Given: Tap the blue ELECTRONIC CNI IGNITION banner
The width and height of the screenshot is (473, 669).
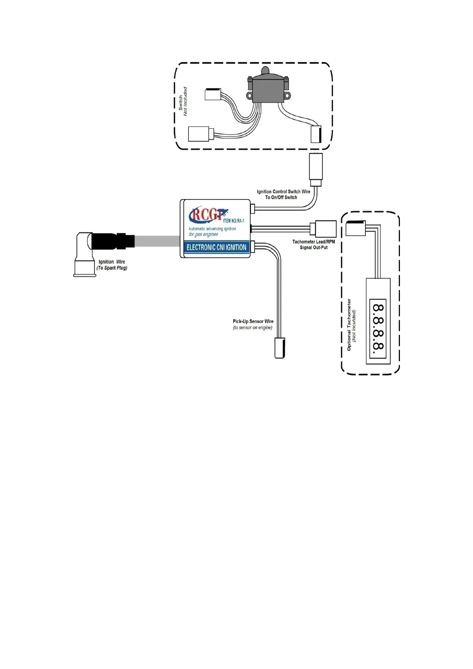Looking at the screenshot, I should (216, 247).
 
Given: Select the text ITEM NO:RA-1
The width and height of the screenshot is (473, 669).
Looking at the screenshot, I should (234, 220).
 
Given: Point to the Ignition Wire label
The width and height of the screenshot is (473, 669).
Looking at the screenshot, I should (112, 262).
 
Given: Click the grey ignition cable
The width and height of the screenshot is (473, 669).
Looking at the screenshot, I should (157, 241).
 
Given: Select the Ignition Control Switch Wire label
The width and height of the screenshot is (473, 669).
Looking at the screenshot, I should (283, 191).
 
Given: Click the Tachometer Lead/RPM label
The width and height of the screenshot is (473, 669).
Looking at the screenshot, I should (313, 242).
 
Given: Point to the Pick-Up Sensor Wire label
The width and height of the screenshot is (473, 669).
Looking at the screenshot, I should (253, 321).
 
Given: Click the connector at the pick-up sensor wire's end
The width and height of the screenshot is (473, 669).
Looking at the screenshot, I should (280, 348).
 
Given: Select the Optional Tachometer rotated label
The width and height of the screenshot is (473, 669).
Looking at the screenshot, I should (349, 325).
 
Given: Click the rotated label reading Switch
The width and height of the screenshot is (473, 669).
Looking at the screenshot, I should (180, 102).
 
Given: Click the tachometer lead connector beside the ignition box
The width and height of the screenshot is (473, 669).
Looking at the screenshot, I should (325, 229).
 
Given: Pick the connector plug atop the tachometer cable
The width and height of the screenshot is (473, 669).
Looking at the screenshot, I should (355, 228).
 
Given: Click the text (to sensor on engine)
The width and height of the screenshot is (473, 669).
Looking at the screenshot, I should (253, 328).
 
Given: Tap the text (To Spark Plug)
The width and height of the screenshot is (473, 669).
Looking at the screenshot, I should (112, 268).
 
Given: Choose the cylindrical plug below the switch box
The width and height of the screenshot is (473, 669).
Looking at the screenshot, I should (316, 169).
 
